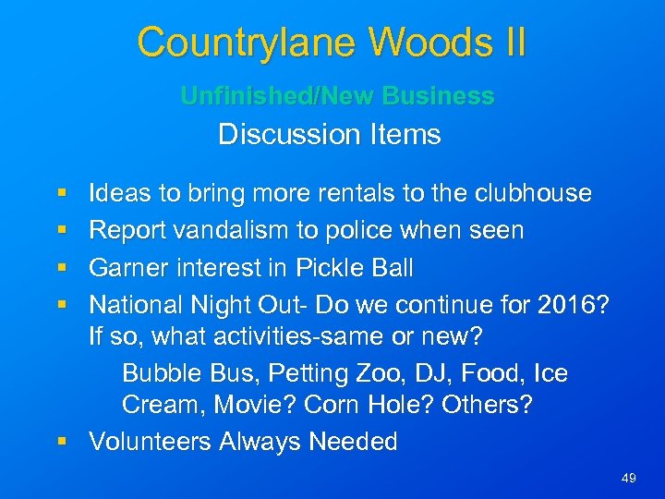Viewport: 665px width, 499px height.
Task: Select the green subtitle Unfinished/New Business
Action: [337, 96]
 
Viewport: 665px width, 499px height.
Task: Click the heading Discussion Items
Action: [330, 135]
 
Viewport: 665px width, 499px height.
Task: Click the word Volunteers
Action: [151, 442]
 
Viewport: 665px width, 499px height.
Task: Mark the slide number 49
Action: [629, 478]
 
